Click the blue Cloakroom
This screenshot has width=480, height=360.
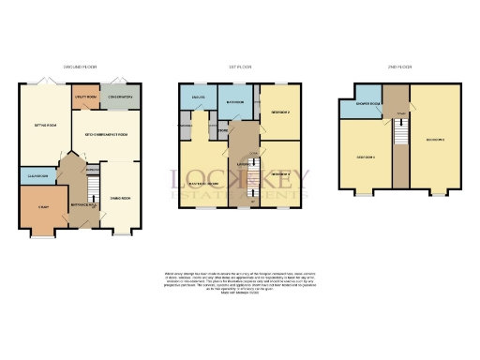38,177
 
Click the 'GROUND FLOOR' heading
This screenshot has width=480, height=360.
78,67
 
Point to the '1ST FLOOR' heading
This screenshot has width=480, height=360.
240,67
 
